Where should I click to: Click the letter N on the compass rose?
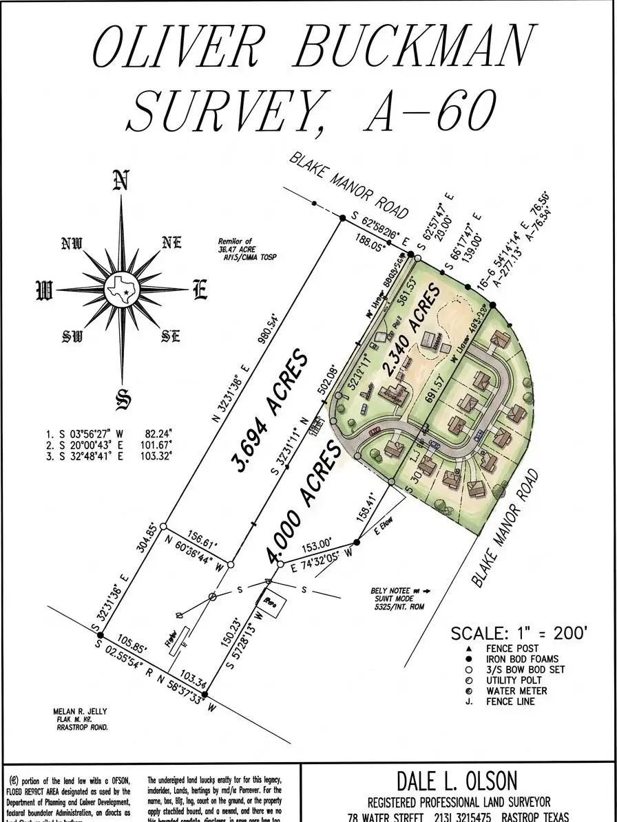[x=121, y=180]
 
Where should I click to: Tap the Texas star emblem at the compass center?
[x=121, y=290]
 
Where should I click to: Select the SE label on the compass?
[x=170, y=336]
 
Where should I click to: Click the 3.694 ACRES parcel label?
[x=271, y=411]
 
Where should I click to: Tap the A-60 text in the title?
[x=430, y=110]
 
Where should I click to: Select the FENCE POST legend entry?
[x=512, y=649]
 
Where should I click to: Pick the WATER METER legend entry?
[x=516, y=691]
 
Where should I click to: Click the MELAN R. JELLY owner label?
[x=80, y=712]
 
